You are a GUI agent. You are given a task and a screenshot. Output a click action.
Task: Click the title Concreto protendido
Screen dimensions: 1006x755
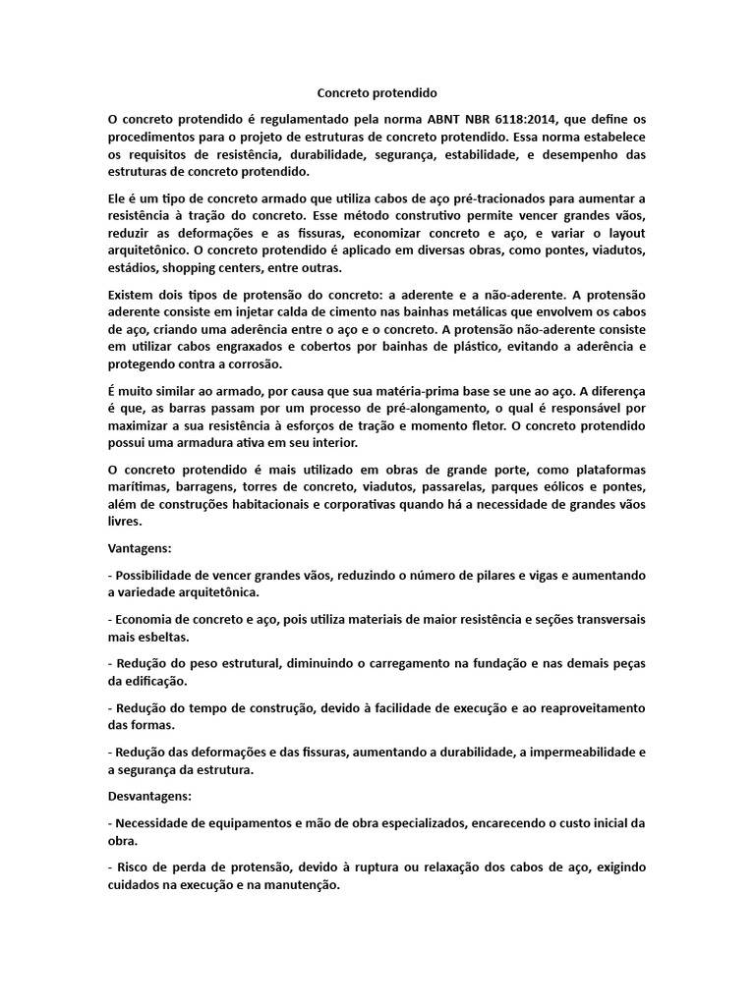tap(377, 94)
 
